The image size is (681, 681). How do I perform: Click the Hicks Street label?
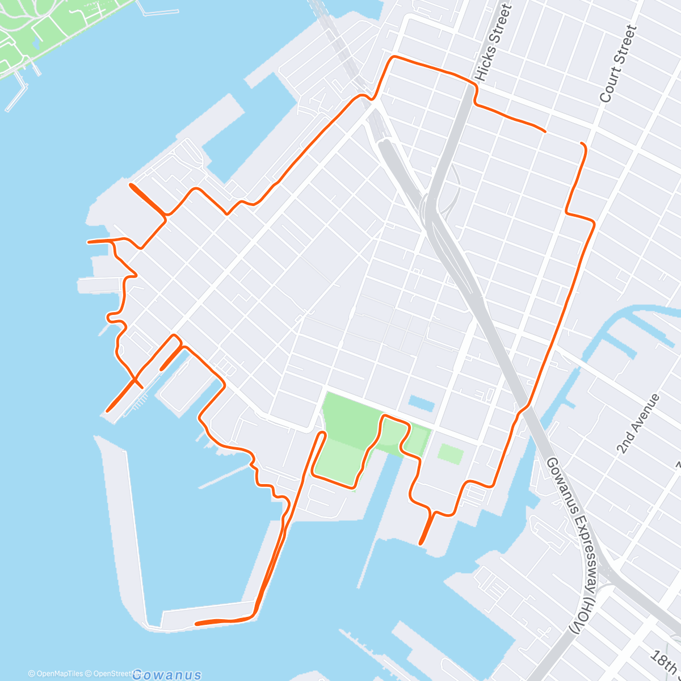(x=493, y=43)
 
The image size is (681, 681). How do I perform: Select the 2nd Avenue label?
(x=639, y=423)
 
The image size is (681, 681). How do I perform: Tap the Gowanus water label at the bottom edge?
(x=166, y=675)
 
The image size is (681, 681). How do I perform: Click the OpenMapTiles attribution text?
(x=56, y=674)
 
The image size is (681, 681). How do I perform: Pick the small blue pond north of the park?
(x=421, y=403)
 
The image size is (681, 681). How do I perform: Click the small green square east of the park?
(x=450, y=454)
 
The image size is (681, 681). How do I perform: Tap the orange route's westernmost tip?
(x=89, y=242)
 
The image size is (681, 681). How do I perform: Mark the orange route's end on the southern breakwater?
(x=196, y=624)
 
